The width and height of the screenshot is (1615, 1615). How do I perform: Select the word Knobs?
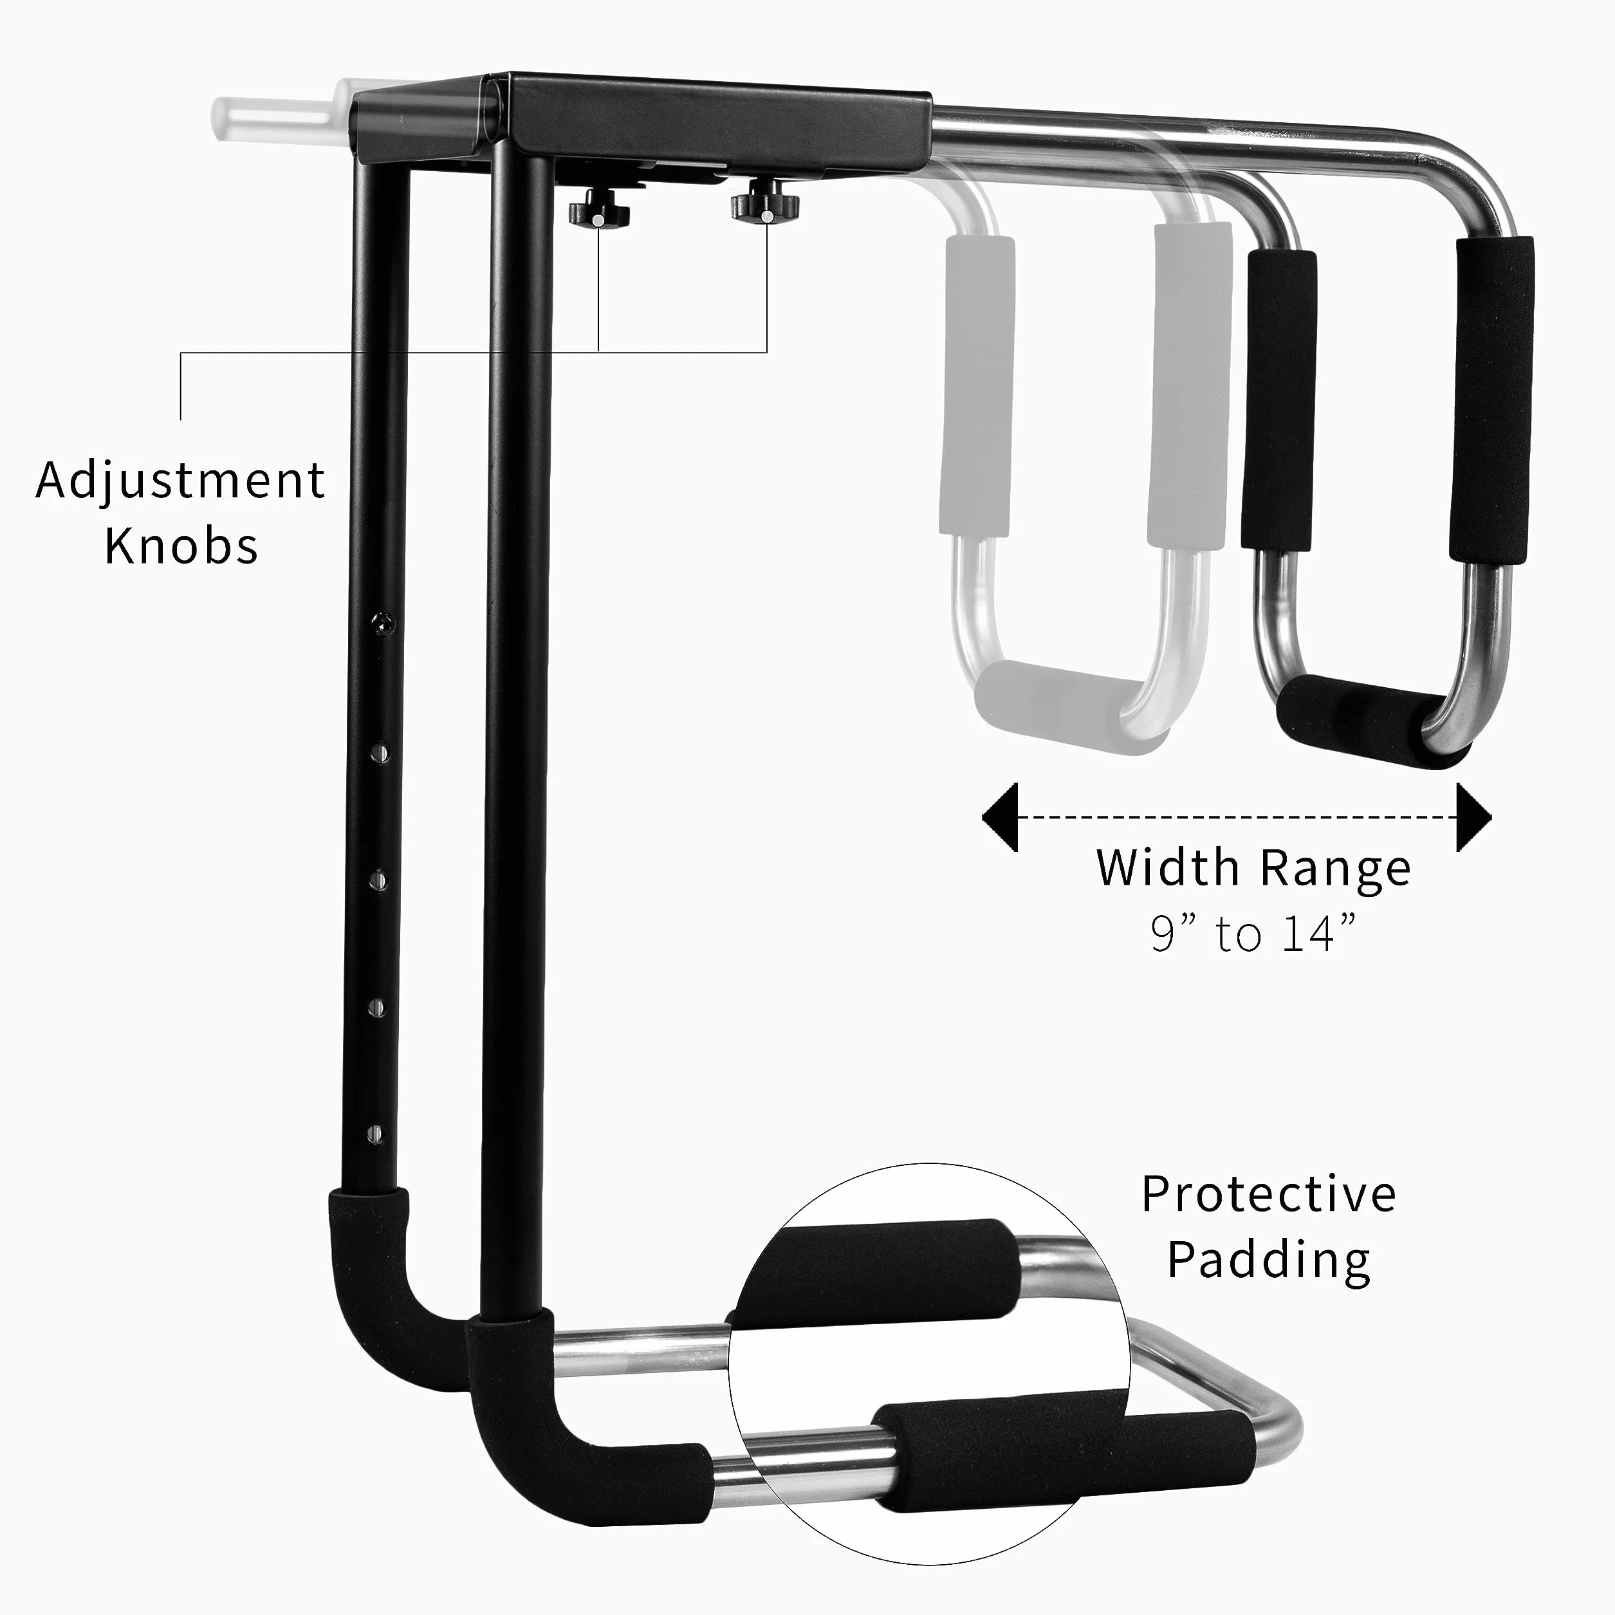tap(181, 547)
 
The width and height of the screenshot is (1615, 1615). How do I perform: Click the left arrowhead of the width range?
tap(1000, 817)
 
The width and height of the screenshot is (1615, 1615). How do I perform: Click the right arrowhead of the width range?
tap(1473, 817)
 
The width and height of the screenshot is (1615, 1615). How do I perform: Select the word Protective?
tap(1268, 1194)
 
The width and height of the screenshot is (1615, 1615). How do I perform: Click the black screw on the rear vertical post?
tap(383, 623)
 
